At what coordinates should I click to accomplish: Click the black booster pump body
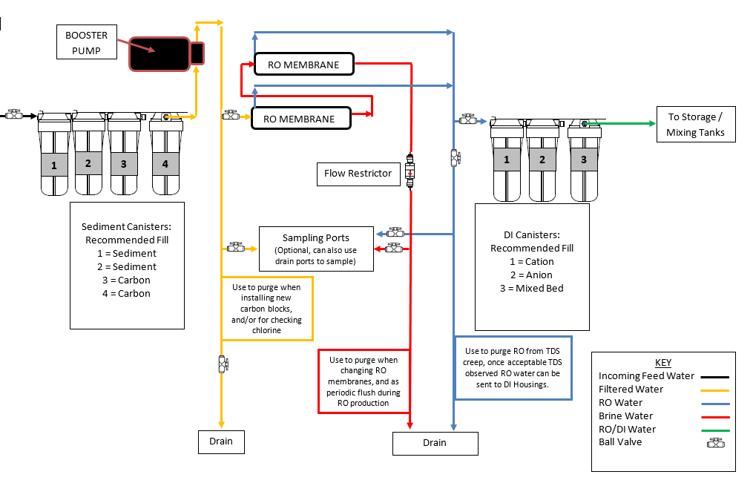(x=160, y=53)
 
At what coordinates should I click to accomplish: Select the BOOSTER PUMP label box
(x=87, y=42)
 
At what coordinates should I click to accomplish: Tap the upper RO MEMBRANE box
(x=304, y=65)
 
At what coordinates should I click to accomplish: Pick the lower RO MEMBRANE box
(x=301, y=119)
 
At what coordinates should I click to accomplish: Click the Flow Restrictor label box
(x=358, y=174)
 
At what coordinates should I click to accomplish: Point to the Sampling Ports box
(x=316, y=249)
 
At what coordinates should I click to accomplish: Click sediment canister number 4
(x=165, y=154)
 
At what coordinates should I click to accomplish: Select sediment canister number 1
(x=54, y=154)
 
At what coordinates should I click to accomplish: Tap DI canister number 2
(x=542, y=160)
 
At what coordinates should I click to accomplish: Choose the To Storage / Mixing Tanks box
(x=696, y=125)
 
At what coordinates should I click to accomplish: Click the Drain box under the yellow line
(x=221, y=441)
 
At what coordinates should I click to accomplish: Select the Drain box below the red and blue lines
(x=435, y=443)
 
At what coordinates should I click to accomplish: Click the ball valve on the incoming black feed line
(x=14, y=114)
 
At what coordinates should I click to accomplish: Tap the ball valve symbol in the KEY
(x=716, y=443)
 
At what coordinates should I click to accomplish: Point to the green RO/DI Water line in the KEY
(x=715, y=430)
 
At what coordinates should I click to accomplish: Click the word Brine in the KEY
(x=611, y=416)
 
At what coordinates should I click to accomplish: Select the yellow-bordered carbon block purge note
(x=267, y=309)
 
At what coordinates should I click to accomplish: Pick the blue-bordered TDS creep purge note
(x=513, y=368)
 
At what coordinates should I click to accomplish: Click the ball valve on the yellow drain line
(x=223, y=364)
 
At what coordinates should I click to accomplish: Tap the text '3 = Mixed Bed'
(x=532, y=288)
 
